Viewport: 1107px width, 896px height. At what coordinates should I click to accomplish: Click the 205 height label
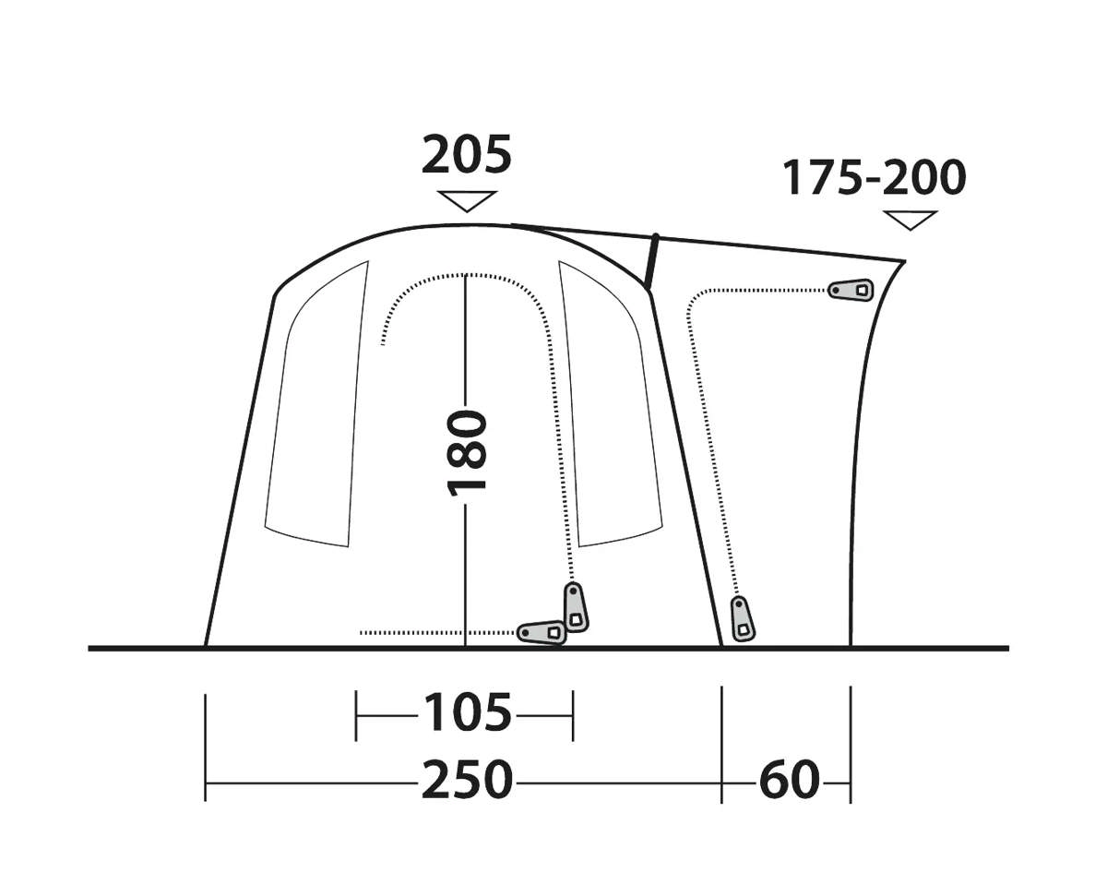466,154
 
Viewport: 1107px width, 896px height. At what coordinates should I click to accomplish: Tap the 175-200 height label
874,178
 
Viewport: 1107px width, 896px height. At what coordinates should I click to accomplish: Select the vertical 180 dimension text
466,453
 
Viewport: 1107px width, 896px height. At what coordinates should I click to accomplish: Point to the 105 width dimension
467,712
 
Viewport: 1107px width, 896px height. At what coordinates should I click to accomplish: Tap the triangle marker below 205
467,201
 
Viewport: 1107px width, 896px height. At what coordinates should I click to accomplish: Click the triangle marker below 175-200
910,220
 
